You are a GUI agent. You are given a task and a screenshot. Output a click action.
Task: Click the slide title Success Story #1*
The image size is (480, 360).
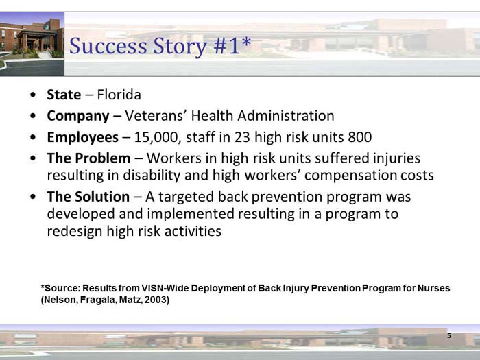[x=160, y=47]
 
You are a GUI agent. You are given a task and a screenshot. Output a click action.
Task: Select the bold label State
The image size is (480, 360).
[x=64, y=95]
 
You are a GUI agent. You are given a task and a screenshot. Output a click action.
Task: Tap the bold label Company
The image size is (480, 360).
[x=77, y=115]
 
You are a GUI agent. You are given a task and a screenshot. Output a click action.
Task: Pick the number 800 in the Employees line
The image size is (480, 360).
[x=359, y=136]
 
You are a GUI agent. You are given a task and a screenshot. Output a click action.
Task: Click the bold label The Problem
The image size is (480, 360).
[x=88, y=158]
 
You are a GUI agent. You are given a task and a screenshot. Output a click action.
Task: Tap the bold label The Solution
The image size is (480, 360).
[x=88, y=197]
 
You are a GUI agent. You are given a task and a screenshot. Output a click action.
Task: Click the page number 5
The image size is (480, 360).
[x=449, y=336]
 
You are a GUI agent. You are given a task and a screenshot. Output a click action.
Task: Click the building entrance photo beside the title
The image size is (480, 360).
[x=32, y=38]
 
